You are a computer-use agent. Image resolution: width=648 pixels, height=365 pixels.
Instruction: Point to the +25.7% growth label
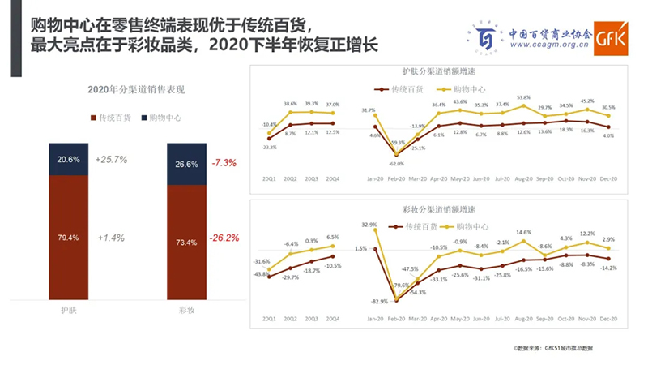[x=111, y=160]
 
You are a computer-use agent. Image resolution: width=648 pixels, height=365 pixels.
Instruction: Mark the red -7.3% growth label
[x=224, y=163]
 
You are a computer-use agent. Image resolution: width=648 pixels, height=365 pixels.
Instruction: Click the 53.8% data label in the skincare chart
[x=523, y=97]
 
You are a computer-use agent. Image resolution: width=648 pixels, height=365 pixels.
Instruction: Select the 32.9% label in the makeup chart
[x=369, y=224]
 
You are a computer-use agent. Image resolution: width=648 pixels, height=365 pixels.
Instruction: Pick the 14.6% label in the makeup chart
[x=523, y=232]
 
